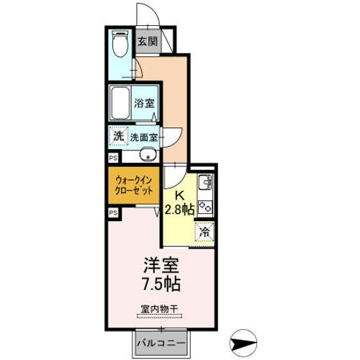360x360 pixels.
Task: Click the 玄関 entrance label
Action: click(149, 41)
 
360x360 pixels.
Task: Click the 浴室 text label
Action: click(145, 102)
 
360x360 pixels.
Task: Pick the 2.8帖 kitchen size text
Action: click(179, 210)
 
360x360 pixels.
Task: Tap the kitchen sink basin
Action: click(203, 181)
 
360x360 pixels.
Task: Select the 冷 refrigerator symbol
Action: click(204, 233)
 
